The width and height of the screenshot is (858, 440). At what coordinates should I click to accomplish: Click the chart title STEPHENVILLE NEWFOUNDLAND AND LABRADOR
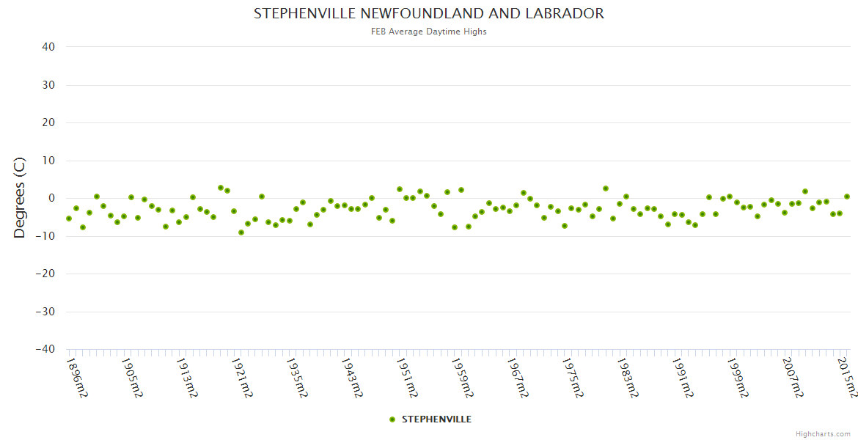429,13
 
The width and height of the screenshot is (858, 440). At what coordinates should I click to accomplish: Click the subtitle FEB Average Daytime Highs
429,32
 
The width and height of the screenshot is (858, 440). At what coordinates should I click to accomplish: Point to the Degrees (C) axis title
20,198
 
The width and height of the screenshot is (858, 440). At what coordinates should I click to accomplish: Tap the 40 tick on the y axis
48,47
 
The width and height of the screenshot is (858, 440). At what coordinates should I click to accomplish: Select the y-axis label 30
48,85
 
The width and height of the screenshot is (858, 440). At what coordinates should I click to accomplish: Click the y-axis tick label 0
51,198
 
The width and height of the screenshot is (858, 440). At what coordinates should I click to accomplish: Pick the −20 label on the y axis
45,274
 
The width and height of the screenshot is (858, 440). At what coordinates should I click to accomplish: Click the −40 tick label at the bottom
45,349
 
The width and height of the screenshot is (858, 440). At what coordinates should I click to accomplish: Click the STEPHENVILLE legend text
436,419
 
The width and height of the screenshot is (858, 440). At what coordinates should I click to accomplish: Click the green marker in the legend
392,419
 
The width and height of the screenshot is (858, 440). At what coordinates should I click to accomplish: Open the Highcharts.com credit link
823,434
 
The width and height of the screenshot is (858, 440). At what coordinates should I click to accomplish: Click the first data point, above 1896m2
69,219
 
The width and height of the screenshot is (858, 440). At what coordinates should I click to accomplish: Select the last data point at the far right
847,197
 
